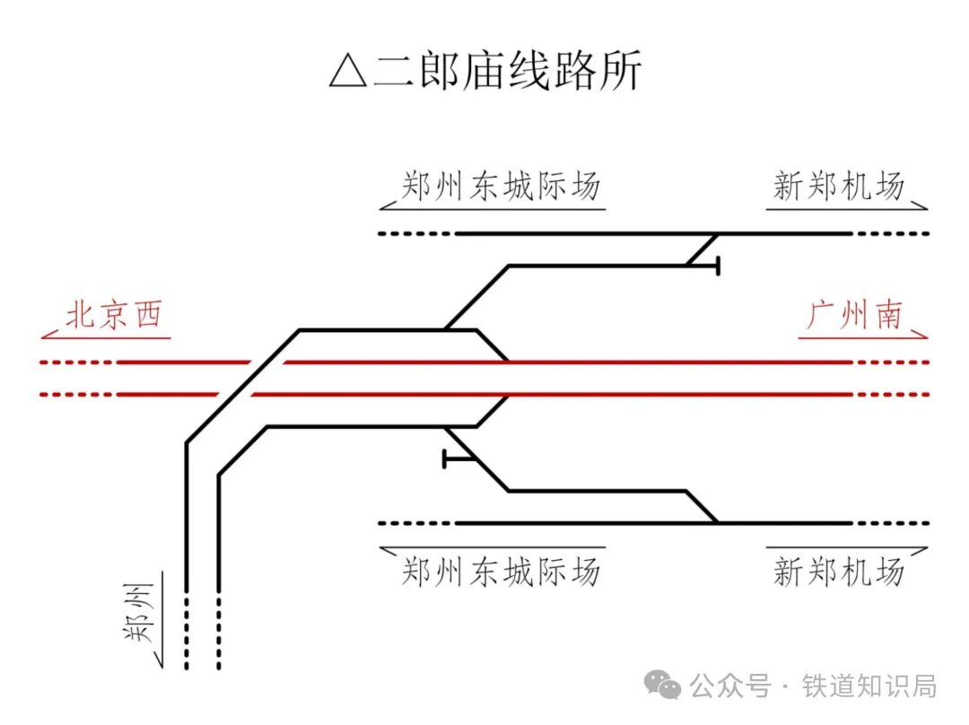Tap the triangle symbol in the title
click(x=348, y=73)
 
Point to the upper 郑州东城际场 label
click(x=500, y=187)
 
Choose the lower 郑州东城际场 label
click(x=500, y=571)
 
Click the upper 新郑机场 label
click(x=838, y=187)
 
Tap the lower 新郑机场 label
click(x=838, y=571)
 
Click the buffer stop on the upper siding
click(x=718, y=266)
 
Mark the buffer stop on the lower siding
click(x=446, y=459)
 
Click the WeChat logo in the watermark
click(x=666, y=686)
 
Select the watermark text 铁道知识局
click(x=869, y=686)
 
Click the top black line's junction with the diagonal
click(x=716, y=234)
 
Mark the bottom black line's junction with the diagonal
click(x=716, y=522)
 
